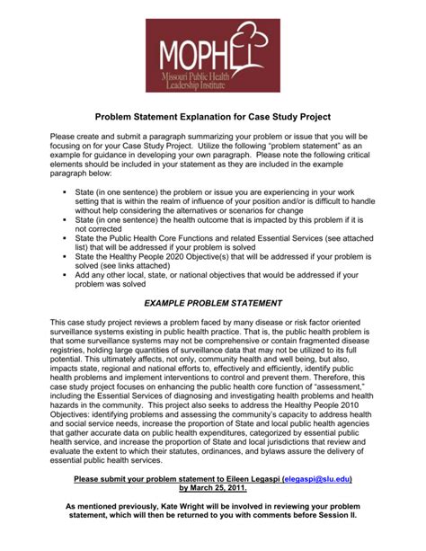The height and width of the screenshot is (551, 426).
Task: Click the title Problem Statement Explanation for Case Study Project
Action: pyautogui.click(x=213, y=118)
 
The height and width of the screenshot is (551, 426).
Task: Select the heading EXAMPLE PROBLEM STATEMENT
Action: pyautogui.click(x=212, y=304)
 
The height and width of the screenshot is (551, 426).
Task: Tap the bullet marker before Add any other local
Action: pyautogui.click(x=67, y=276)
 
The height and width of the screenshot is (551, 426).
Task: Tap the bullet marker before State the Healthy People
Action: pyautogui.click(x=67, y=257)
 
